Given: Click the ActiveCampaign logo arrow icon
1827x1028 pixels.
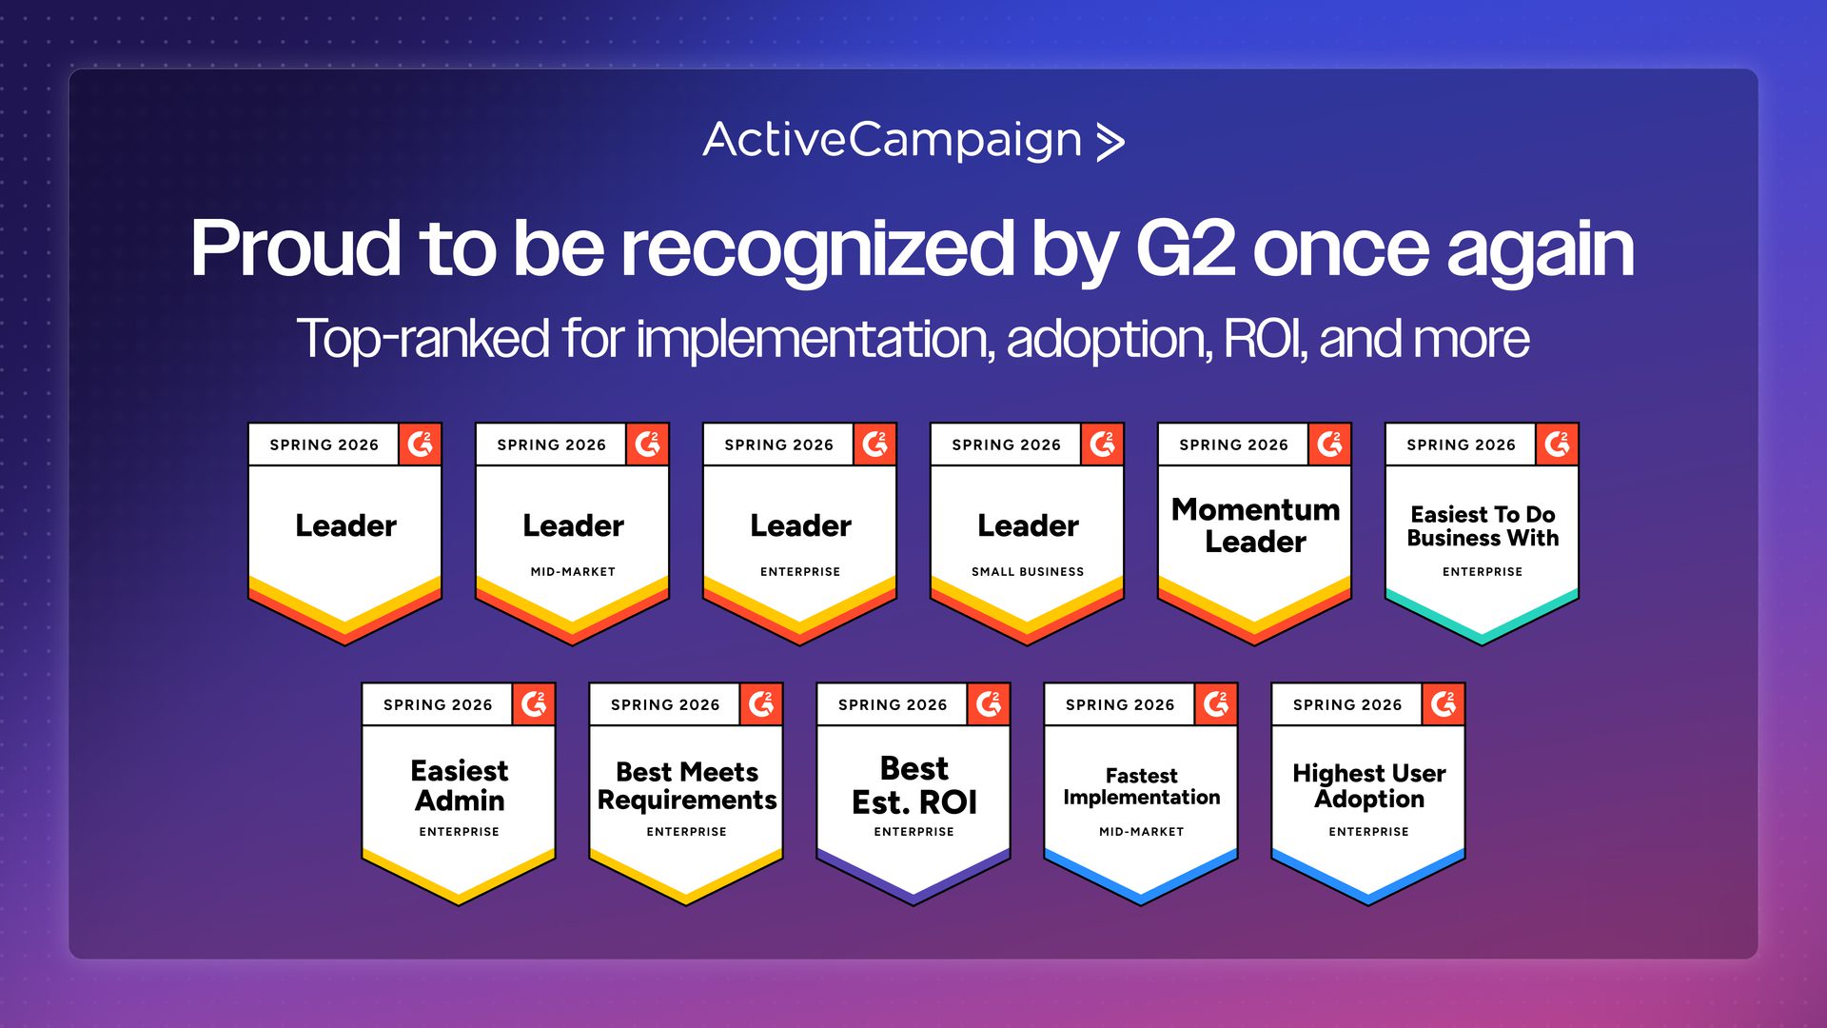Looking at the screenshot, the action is click(1110, 142).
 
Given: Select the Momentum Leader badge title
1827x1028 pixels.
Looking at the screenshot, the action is click(1255, 525).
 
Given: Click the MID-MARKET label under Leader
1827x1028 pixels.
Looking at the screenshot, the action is click(573, 572).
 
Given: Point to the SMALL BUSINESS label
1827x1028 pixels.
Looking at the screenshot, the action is click(1028, 572).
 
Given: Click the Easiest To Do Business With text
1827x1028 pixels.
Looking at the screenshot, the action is click(1483, 526).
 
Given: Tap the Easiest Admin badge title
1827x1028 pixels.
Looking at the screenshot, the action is click(460, 785).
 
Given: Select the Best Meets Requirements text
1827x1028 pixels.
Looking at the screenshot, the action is click(687, 786).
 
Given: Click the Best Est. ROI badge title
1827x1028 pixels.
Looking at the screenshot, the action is click(914, 785).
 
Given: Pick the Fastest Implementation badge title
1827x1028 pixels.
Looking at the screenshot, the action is click(1142, 787).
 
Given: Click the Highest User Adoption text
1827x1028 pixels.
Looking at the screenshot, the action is click(1369, 786).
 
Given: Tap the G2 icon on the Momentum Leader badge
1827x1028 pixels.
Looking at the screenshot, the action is click(1329, 445).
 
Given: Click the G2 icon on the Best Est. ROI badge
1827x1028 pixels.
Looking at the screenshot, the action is click(989, 704).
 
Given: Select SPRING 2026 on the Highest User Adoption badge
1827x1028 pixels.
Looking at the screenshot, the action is click(1347, 705).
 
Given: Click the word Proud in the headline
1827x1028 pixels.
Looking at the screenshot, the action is click(295, 248).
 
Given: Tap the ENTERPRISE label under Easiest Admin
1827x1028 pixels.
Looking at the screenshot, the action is click(460, 832).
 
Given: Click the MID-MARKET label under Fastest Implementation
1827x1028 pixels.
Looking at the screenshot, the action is click(1142, 832).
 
